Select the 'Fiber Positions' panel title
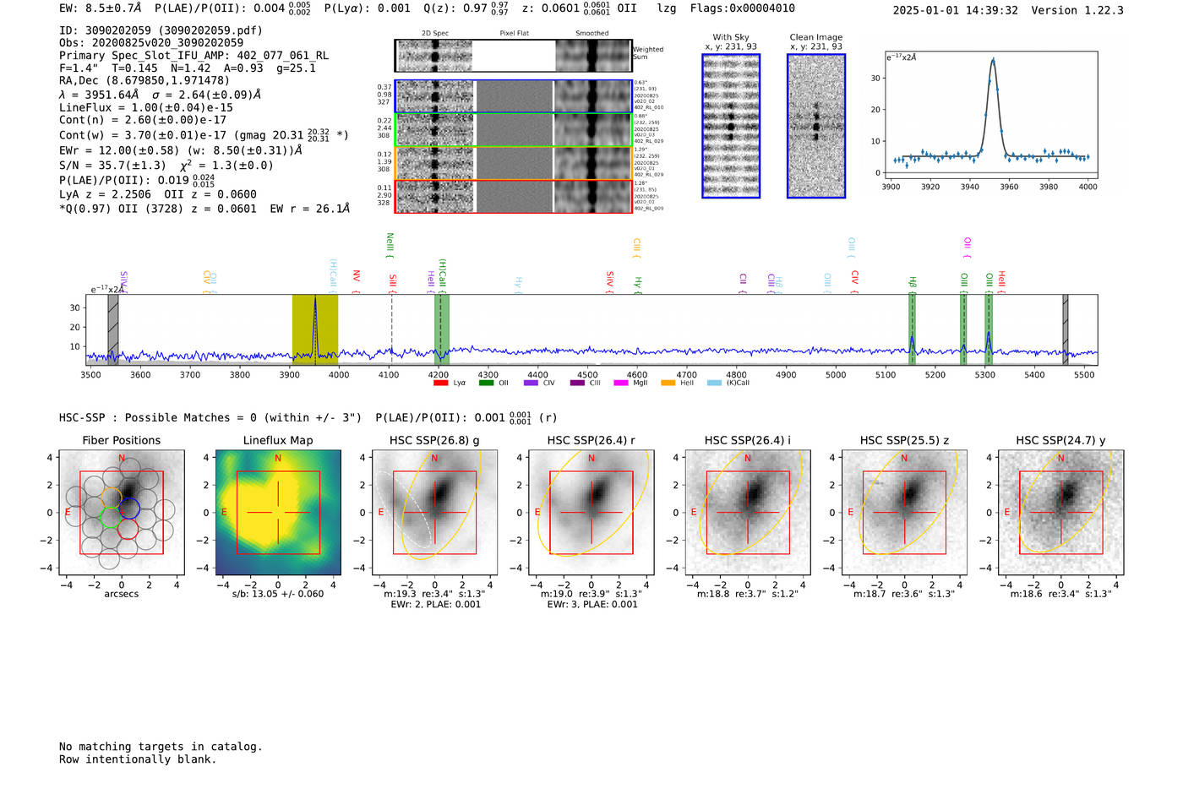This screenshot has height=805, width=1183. (121, 440)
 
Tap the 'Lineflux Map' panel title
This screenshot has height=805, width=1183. (277, 440)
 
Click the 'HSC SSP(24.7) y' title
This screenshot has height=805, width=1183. (1060, 440)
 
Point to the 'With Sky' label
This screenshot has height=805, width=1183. (731, 37)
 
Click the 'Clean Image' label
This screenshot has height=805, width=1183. (815, 37)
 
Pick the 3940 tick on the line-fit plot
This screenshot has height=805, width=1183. (969, 187)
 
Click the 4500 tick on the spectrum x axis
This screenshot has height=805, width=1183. (587, 375)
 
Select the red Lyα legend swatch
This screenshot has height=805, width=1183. (440, 383)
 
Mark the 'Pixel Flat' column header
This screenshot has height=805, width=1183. (514, 34)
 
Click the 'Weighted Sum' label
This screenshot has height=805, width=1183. (648, 53)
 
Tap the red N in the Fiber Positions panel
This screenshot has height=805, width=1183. (122, 459)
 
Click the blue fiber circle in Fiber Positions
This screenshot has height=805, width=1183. (129, 509)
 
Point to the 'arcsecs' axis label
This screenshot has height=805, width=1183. (121, 594)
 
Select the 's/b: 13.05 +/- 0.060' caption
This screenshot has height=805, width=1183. (277, 594)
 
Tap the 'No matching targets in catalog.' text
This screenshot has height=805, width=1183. (161, 747)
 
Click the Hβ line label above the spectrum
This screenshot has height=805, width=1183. (913, 282)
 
